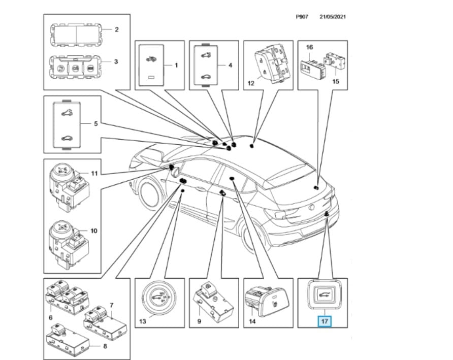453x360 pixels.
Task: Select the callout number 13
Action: point(143,321)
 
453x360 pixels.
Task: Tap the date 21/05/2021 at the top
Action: point(333,17)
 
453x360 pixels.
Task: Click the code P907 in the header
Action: point(303,17)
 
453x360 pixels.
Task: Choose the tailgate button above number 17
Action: point(322,294)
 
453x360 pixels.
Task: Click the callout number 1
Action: point(176,65)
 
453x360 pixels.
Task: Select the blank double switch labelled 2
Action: point(76,34)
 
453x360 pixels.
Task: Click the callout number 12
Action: point(250,83)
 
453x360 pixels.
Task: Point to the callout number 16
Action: point(309,47)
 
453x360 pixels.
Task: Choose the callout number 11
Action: point(94,173)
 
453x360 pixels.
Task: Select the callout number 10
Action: point(93,231)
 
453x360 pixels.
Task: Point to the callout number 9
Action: point(200,321)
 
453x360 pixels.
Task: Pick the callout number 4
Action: point(231,65)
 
